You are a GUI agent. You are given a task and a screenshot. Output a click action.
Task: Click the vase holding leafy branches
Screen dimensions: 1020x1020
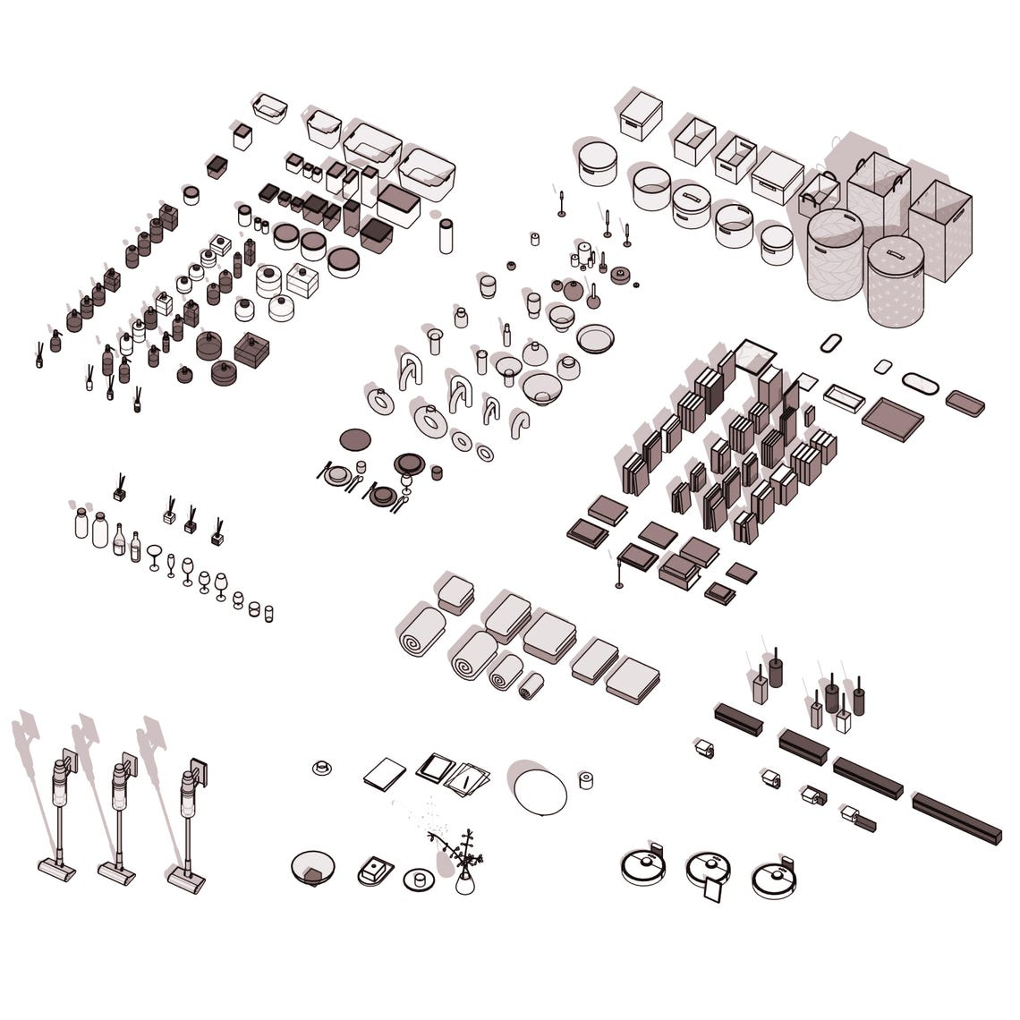point(465,881)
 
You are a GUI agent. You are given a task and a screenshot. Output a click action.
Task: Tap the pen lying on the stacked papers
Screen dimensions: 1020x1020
point(467,780)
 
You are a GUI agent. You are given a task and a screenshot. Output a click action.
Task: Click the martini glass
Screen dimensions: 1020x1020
point(155,556)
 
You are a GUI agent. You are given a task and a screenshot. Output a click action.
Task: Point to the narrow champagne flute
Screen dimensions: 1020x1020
point(171,565)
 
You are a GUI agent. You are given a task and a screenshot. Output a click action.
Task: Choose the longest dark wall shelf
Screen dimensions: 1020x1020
point(956,817)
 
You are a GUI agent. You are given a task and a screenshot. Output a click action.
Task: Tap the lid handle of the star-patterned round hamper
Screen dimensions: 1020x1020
point(895,253)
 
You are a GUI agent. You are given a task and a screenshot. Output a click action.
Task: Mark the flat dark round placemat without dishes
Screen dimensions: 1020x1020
point(355,439)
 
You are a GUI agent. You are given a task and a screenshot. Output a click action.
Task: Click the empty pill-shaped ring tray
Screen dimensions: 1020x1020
point(832,344)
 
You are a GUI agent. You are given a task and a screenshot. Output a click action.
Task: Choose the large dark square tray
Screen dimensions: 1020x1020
point(892,417)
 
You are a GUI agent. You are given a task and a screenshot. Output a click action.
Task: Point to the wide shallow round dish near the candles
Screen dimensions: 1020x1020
point(596,338)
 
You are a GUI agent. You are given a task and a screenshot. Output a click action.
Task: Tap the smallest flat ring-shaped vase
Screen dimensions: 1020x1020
point(484,453)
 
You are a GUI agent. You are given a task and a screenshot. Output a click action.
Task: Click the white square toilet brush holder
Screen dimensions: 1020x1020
point(843,721)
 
